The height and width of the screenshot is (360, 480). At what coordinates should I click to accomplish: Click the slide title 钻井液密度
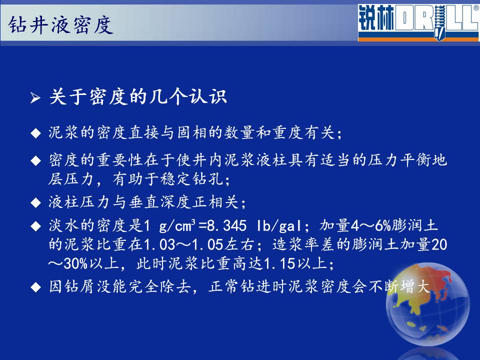60,24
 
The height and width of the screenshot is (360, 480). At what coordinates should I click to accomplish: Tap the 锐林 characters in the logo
376,18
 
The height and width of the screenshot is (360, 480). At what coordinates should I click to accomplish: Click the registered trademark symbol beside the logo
476,8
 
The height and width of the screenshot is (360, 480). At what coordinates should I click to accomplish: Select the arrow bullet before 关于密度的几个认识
35,98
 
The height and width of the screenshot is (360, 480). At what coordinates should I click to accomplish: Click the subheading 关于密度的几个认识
138,96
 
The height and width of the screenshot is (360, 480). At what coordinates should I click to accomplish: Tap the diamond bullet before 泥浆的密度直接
36,133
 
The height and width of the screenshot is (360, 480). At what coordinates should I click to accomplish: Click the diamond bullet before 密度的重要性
36,160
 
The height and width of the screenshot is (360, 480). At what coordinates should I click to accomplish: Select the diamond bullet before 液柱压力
36,202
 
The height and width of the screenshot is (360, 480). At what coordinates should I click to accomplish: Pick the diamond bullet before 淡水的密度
36,226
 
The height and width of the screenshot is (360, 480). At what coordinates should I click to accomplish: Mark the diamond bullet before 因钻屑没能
36,287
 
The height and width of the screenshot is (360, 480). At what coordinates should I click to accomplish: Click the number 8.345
227,226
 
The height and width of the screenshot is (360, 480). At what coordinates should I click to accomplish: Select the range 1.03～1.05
183,244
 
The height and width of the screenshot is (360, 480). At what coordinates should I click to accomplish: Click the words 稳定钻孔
192,179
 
